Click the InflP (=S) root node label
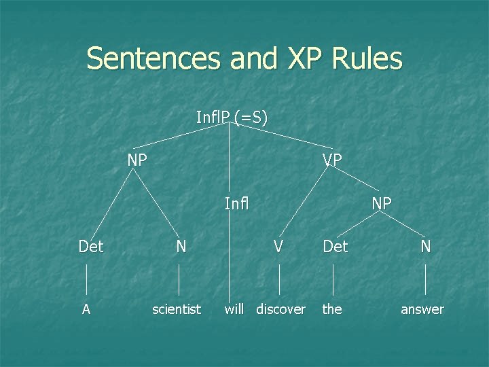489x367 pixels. pos(232,118)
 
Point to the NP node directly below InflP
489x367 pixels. pos(138,160)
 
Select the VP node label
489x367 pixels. pos(332,160)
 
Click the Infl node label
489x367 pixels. pos(237,203)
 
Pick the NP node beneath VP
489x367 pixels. pos(381,203)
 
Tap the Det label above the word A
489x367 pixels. pos(91,246)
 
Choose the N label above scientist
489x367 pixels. pos(181,246)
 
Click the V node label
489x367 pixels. pos(278,246)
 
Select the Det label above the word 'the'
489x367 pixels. pos(336,246)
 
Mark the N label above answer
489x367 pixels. pos(425,246)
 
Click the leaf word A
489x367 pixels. pos(86,309)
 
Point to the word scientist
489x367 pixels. pos(177,309)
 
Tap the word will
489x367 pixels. pos(234,309)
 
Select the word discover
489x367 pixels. pos(280,309)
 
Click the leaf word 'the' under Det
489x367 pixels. pos(332,309)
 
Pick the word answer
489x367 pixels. pos(422,309)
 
